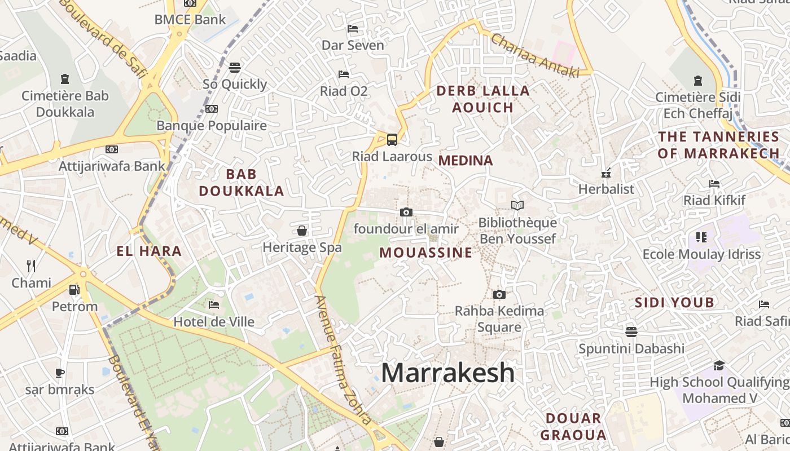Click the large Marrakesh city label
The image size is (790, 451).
pos(447,373)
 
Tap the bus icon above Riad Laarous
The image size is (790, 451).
pos(392,139)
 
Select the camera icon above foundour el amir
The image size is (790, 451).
pos(406,212)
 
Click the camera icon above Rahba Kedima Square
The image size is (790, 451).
pos(499,294)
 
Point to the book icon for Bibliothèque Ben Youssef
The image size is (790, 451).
pos(517,205)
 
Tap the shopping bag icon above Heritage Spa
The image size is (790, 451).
pos(302,231)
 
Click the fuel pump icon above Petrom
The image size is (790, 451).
pos(74,290)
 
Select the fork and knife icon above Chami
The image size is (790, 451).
pos(31,266)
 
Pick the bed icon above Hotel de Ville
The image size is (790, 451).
pos(214,305)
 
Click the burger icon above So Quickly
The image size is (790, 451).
pos(235,68)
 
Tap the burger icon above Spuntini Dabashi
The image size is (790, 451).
pos(631,331)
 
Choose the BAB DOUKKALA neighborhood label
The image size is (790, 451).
pos(242,182)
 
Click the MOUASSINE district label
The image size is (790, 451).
pos(425,253)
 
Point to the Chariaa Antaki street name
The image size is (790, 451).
pos(535,55)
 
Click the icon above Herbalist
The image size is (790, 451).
pos(607,173)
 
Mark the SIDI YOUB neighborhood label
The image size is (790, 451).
pos(674,303)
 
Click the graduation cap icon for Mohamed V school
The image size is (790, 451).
pos(718,366)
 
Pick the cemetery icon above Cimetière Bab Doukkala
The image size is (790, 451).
pos(65,79)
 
